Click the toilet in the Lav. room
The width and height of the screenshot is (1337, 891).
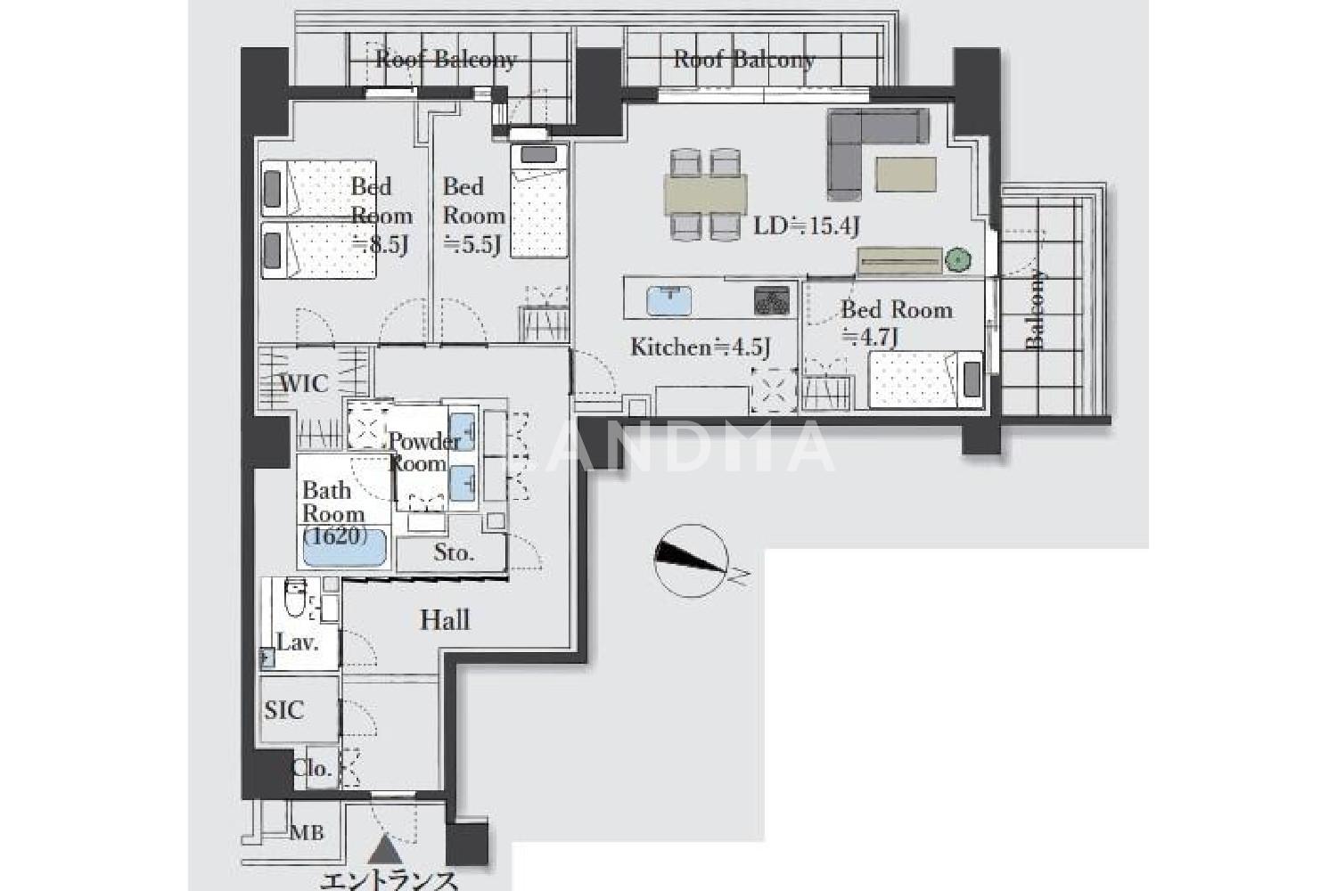[x=295, y=596]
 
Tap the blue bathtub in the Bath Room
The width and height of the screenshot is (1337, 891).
[x=345, y=548]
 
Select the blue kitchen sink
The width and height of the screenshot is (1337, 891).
[x=669, y=301]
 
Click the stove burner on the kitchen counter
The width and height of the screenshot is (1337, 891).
[x=772, y=299]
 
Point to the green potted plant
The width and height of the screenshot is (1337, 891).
[x=957, y=260]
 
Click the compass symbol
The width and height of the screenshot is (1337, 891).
[x=691, y=560]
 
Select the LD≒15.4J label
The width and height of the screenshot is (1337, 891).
[x=806, y=226]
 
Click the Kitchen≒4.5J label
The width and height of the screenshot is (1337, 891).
[x=700, y=347]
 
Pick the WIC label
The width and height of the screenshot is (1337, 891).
[x=304, y=384]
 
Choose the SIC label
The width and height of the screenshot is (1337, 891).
[x=284, y=710]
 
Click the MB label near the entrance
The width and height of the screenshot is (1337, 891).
[x=307, y=832]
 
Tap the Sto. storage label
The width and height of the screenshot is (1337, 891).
[x=454, y=552]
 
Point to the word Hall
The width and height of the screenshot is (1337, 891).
[x=446, y=620]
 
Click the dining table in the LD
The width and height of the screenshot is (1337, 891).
[x=706, y=194]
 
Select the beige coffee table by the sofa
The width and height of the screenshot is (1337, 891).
[x=906, y=174]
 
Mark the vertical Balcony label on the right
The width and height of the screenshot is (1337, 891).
[x=1036, y=310]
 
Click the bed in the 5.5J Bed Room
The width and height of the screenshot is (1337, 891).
[x=539, y=200]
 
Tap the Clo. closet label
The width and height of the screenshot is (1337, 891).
[x=312, y=768]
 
